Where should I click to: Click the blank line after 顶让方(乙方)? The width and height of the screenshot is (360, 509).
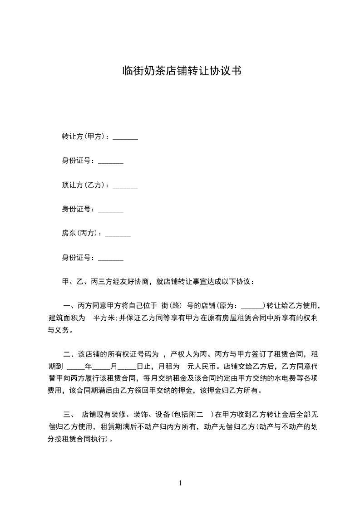(125, 186)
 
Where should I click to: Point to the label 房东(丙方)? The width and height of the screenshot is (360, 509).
(81, 233)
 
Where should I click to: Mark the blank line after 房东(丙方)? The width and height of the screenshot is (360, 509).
(118, 235)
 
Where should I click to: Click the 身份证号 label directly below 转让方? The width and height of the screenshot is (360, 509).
(78, 161)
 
